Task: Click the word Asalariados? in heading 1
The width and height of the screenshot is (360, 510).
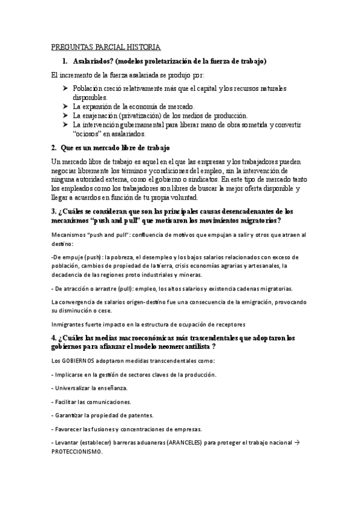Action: pos(92,61)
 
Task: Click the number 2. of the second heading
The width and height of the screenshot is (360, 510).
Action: pos(54,148)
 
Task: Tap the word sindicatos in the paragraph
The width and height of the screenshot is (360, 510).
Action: pos(200,180)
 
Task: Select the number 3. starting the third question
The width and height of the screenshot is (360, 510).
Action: pos(52,211)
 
